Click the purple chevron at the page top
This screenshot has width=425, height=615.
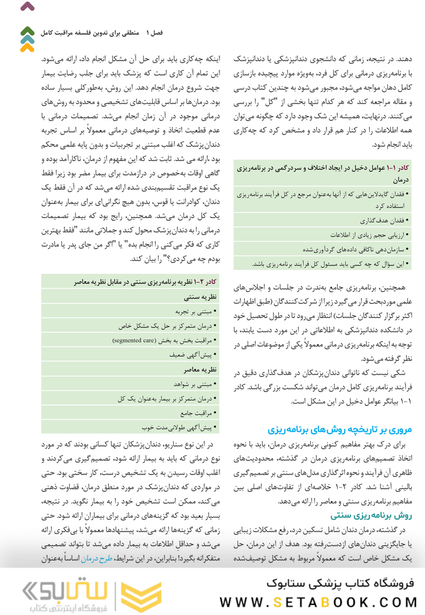pos(27,8)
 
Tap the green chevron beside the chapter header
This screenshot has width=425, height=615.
pos(27,31)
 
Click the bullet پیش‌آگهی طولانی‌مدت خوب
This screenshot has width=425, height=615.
pos(178,428)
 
